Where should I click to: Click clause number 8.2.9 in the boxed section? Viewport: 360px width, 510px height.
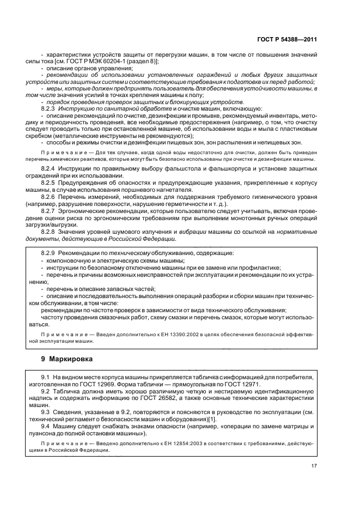click(48, 254)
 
